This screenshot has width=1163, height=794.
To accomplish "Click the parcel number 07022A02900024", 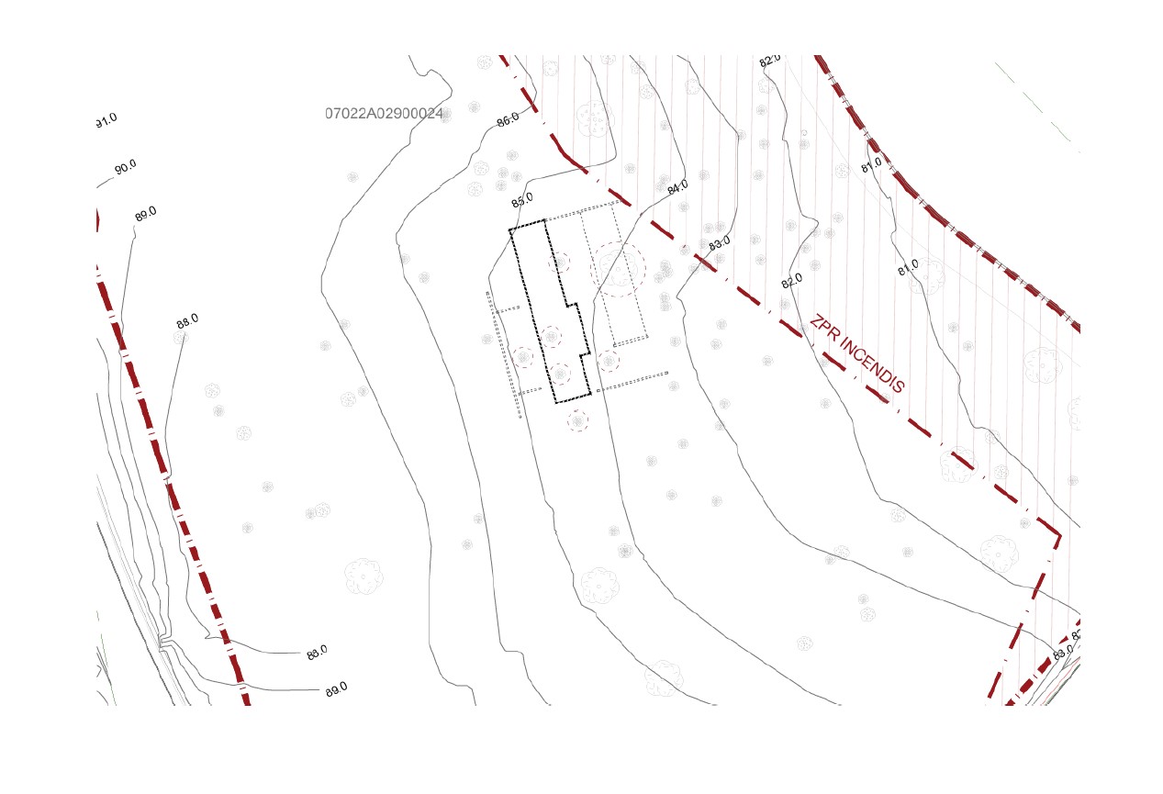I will [x=384, y=114].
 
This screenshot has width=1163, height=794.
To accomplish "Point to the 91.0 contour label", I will [x=106, y=120].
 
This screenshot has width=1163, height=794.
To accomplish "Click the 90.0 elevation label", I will [x=125, y=168].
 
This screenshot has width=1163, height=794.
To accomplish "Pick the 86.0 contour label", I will [x=508, y=119].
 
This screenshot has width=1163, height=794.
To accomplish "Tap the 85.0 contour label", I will [x=522, y=200].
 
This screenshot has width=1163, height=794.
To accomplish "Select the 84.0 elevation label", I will [x=677, y=188].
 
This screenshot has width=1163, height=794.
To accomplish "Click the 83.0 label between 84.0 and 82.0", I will [x=720, y=243].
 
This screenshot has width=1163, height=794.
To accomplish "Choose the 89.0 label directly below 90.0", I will [x=145, y=214].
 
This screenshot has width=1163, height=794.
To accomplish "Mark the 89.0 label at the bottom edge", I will [x=336, y=688].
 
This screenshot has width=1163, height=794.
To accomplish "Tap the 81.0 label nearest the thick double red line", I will [x=871, y=164].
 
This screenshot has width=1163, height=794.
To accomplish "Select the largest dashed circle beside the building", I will [x=619, y=268].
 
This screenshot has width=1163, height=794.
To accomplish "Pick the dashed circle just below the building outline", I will [x=577, y=421].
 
